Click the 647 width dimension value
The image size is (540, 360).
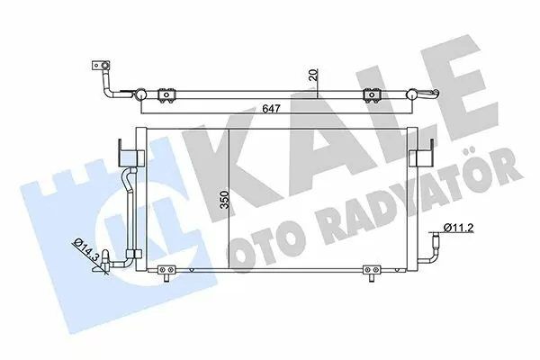pos(271,108)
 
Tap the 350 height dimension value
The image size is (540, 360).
pos(224,199)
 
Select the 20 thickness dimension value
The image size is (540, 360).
pos(313,75)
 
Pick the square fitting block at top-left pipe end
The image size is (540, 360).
pos(101,66)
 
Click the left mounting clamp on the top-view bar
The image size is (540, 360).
pos(167,95)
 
